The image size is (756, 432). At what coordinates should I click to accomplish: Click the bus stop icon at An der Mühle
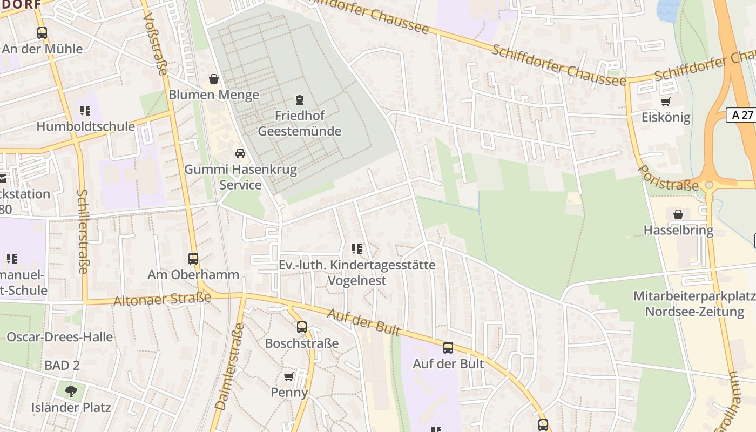point(42,33)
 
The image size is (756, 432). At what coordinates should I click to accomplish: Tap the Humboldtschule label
point(85,126)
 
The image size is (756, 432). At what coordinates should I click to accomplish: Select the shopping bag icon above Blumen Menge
point(214,79)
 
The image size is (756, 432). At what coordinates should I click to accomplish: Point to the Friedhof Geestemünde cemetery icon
point(299,100)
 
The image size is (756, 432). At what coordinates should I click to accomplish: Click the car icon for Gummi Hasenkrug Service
point(240,154)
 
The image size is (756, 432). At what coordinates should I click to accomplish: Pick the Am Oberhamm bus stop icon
point(193,259)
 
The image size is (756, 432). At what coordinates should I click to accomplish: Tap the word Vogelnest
point(357,281)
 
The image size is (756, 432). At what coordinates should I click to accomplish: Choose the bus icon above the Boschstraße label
point(301,327)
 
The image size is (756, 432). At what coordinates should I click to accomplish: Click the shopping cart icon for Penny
point(289,376)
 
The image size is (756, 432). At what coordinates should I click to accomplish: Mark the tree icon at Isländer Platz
point(71,391)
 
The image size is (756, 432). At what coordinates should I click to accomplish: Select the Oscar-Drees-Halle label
point(59,337)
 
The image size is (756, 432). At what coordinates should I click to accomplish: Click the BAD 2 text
point(62,366)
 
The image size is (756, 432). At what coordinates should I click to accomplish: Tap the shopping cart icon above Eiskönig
point(666,102)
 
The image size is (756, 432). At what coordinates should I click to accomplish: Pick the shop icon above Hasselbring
point(678,214)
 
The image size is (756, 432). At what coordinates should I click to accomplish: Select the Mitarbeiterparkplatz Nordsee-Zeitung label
point(694,304)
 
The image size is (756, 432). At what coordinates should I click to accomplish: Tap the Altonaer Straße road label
point(162,299)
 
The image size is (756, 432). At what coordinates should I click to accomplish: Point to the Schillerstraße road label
point(82,231)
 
